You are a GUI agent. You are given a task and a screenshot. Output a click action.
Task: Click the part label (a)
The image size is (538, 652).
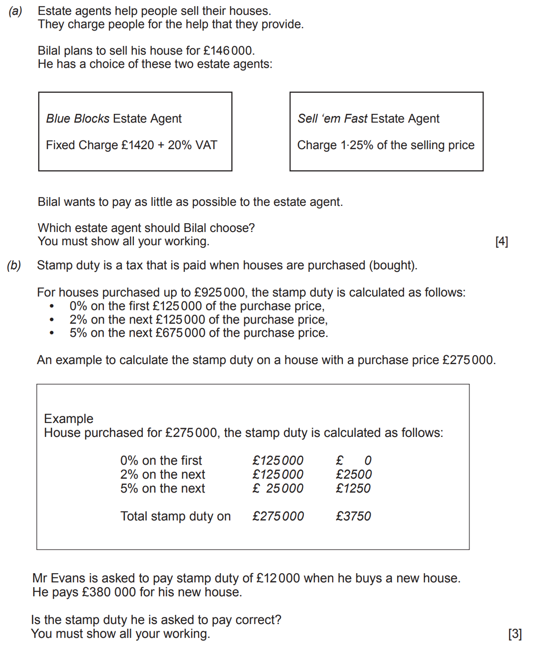coord(15,11)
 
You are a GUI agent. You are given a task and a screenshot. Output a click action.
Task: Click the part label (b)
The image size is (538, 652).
coord(14,265)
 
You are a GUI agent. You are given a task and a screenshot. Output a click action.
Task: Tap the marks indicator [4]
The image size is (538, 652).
coord(501,241)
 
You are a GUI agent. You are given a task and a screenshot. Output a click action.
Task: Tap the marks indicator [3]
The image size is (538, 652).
coord(515,634)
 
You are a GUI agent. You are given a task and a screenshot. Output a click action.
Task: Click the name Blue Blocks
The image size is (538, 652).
coord(78,119)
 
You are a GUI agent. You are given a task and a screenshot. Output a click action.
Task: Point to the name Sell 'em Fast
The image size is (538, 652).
coord(332,119)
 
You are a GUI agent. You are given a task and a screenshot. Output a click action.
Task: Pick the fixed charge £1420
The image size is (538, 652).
coord(137,145)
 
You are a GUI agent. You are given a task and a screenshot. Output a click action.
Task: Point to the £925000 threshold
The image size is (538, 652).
coord(219,293)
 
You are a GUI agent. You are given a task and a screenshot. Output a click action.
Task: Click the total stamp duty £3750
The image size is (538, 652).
coord(353,517)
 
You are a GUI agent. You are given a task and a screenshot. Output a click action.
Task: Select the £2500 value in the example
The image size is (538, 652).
coord(354,475)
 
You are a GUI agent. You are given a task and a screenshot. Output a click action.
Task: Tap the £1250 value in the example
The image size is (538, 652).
coord(353,489)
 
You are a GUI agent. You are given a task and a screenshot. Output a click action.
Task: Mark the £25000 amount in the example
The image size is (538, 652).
coord(278,489)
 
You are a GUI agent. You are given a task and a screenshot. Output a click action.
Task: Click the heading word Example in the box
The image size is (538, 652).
coord(69,419)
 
